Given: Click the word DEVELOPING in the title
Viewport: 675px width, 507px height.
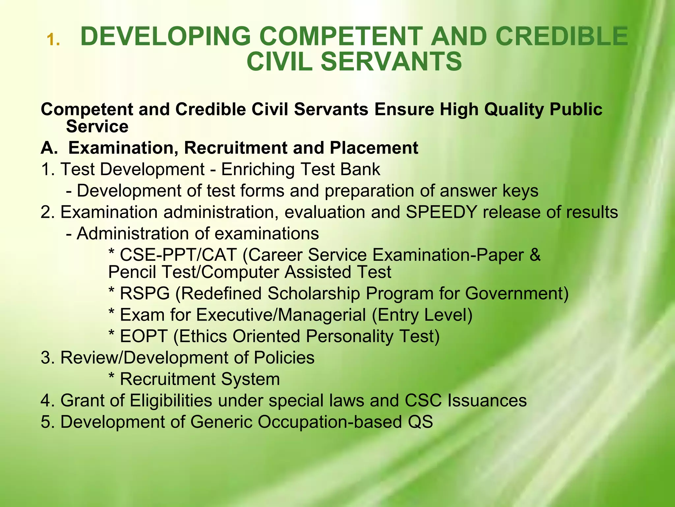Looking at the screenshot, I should click(166, 36).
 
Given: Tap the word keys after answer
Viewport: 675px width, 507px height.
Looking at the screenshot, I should click(520, 191).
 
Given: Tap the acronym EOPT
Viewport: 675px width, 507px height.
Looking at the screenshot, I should click(143, 336).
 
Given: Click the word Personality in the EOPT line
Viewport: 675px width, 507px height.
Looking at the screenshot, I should click(349, 336).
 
